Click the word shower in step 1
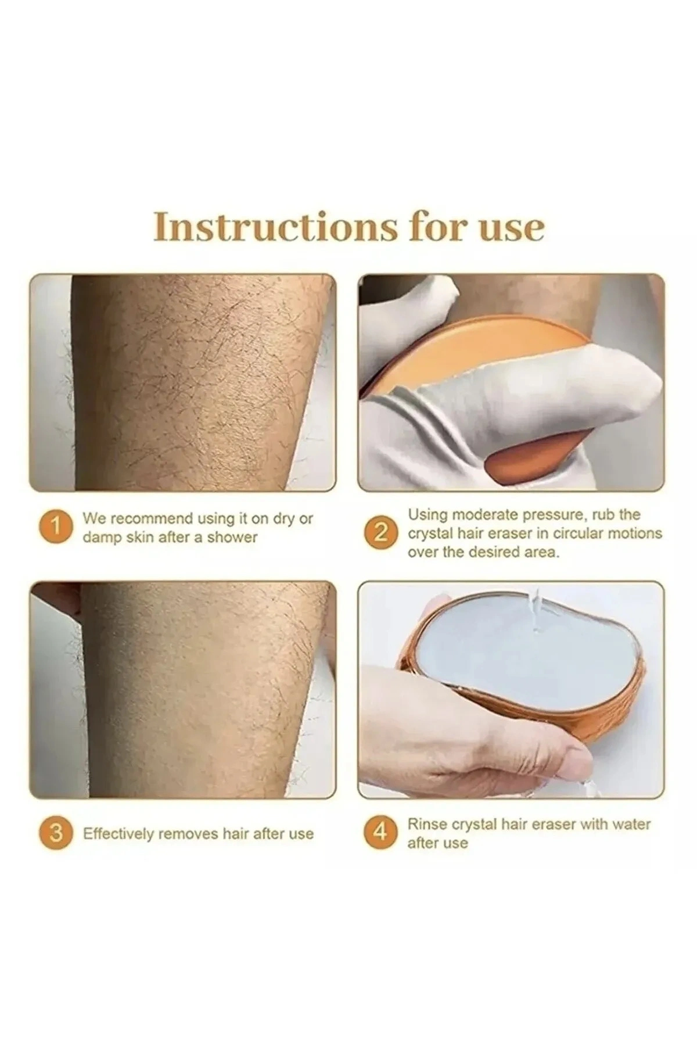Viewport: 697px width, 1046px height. [232, 537]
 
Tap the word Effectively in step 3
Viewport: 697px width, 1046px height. [118, 834]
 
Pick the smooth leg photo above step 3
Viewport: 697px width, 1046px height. [182, 689]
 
